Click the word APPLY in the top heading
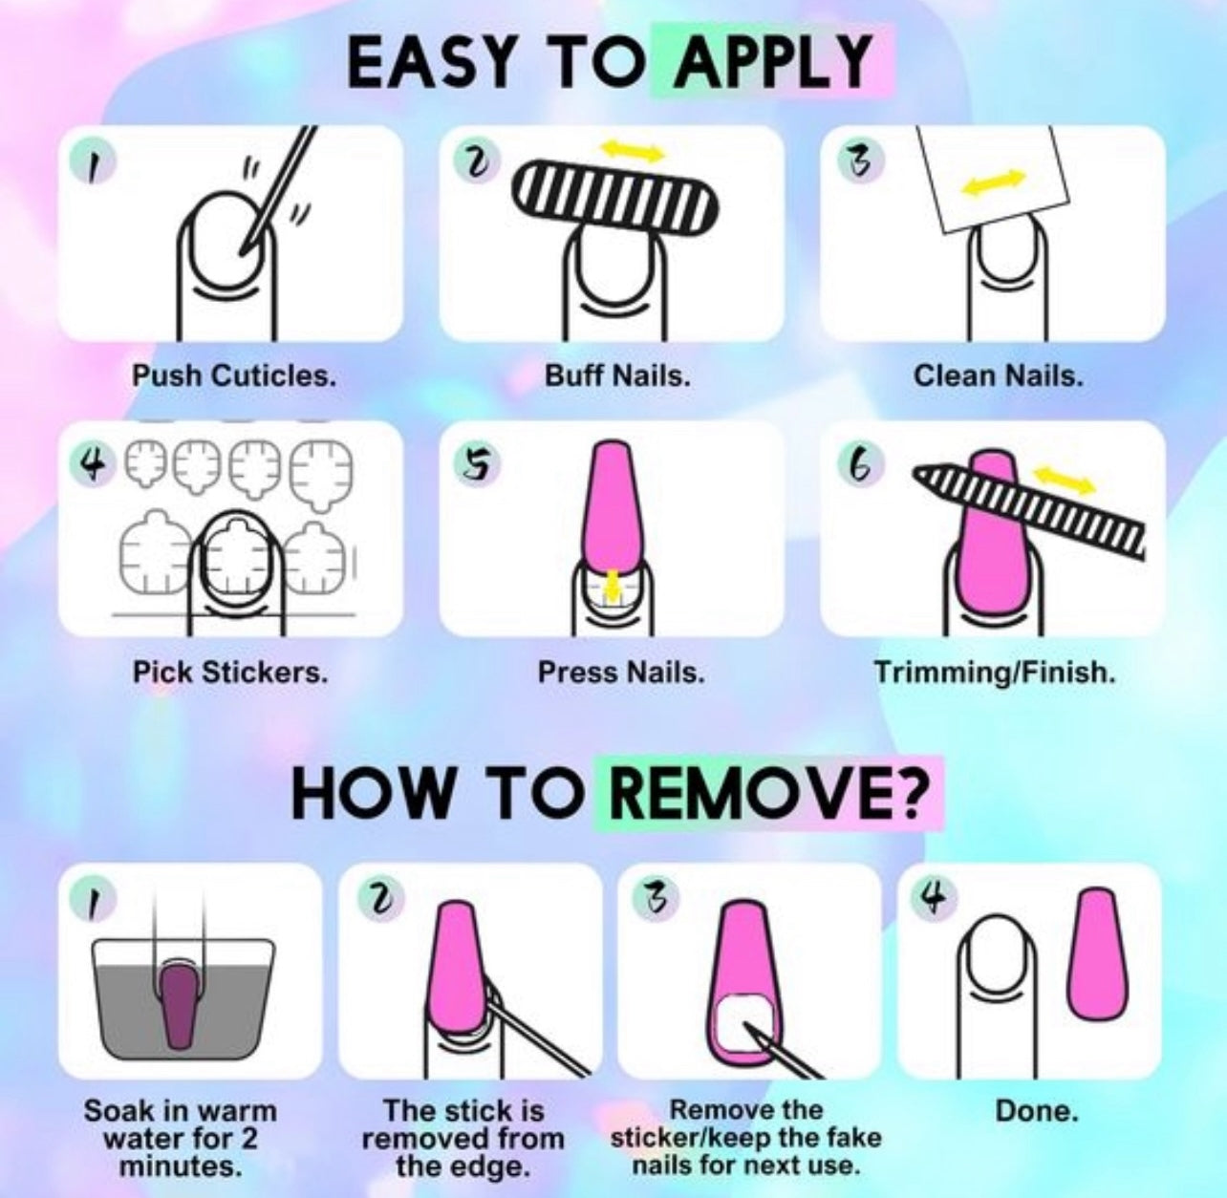tap(771, 62)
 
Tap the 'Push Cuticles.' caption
tap(233, 376)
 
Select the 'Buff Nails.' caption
tap(617, 376)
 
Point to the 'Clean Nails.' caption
tap(998, 376)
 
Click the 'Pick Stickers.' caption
tap(230, 673)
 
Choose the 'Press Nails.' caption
tap(620, 673)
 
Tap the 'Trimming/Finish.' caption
tap(995, 673)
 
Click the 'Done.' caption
tap(1036, 1110)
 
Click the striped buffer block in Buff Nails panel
tap(614, 199)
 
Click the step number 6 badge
tap(859, 464)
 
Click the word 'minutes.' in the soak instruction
tap(181, 1166)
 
